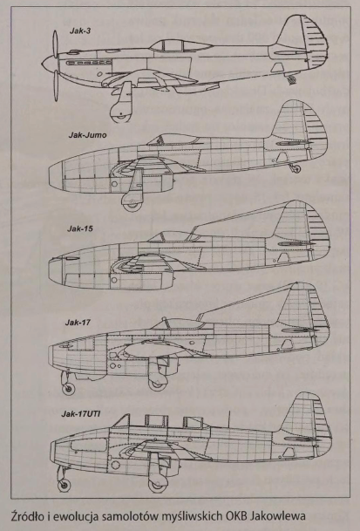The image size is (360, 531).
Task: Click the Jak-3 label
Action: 80,31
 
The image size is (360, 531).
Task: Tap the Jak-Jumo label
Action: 87,135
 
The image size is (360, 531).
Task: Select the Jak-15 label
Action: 80,228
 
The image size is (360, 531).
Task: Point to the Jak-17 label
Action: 78,322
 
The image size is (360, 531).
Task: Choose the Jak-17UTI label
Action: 80,414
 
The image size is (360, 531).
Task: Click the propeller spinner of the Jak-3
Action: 49,62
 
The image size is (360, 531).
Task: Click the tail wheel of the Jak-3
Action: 292,80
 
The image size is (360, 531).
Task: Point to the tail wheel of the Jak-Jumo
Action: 296,168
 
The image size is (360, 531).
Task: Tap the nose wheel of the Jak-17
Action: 69,388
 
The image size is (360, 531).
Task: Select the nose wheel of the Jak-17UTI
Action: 65,485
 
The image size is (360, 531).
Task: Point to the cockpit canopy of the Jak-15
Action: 173,236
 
